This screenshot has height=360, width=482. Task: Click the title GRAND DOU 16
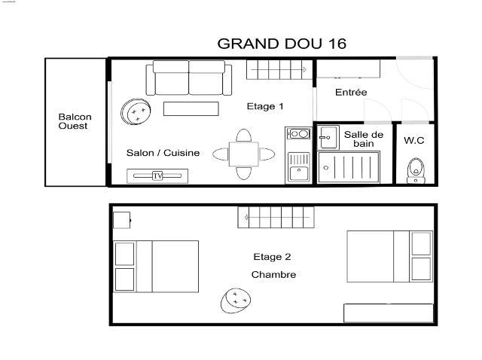282,44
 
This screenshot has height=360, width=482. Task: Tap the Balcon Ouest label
75,121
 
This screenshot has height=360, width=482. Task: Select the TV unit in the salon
157,175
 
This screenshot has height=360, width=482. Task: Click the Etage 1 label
265,106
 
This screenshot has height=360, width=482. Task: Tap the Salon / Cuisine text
163,153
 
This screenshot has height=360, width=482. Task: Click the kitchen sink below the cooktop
298,166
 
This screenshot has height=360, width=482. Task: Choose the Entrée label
351,93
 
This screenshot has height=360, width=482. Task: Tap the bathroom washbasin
328,137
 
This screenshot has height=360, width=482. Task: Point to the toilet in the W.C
414,169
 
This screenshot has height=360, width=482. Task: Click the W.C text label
414,140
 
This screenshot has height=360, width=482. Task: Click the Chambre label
273,275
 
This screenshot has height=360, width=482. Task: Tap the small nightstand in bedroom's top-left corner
122,220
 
